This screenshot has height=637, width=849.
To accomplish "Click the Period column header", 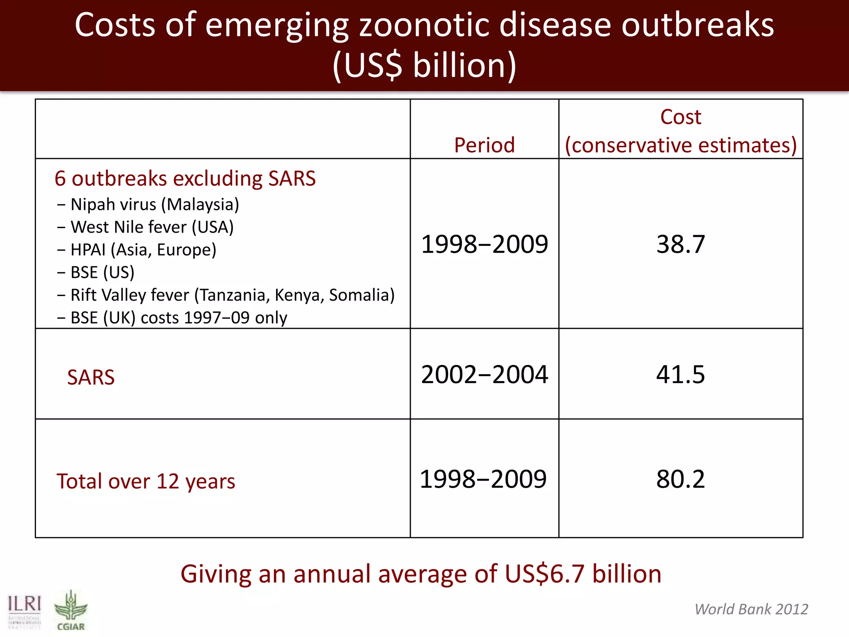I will click(484, 145).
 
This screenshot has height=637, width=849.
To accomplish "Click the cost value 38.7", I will click(680, 244).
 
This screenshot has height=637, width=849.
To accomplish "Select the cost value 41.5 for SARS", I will click(680, 374).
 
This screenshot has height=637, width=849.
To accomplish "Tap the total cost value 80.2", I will click(680, 479).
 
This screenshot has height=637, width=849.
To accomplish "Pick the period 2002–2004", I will click(484, 374).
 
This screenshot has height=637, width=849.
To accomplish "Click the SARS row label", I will click(91, 377).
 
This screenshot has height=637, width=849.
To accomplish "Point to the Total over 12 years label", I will click(146, 481).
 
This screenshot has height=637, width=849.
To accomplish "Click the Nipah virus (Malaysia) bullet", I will click(154, 204).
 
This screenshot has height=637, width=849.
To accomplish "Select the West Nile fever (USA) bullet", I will click(152, 227).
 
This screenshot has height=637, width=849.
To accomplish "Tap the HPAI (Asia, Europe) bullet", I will click(143, 250).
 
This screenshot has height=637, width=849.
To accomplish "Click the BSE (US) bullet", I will click(102, 272).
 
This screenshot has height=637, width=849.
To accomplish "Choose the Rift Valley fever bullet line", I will click(232, 295).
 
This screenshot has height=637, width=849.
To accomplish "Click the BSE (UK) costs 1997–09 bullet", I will click(178, 318).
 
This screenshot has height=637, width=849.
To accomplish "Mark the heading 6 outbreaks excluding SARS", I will click(185, 179).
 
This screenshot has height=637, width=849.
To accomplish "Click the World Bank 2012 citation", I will click(751, 609).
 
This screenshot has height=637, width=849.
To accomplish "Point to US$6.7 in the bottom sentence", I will click(545, 574).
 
